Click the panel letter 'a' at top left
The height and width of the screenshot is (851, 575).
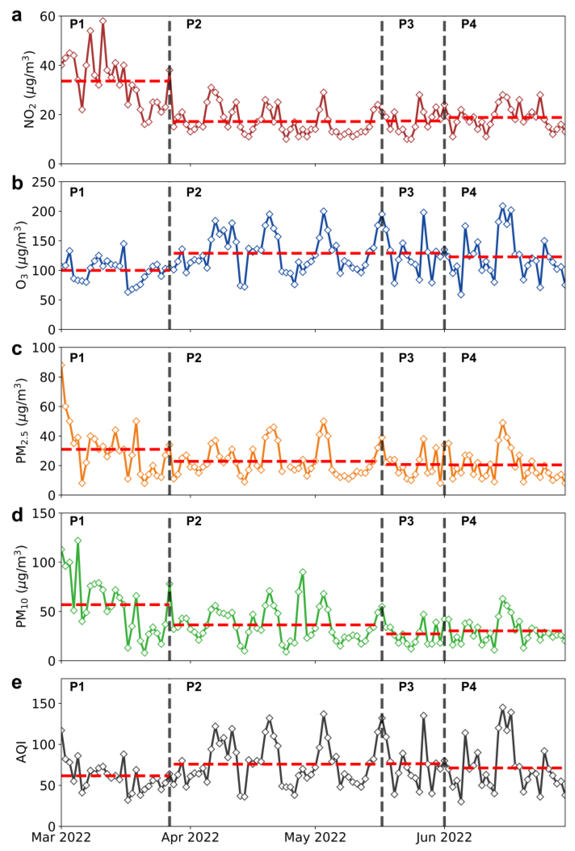click(16, 16)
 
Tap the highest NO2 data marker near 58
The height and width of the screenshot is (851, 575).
click(103, 21)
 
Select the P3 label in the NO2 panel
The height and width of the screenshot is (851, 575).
click(406, 24)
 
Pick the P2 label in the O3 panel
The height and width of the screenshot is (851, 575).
click(194, 192)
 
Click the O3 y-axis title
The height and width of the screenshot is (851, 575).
click(22, 255)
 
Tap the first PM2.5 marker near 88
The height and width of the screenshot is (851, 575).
click(62, 365)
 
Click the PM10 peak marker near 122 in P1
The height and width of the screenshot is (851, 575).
click(78, 540)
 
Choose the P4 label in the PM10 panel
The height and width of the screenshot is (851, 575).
click(469, 521)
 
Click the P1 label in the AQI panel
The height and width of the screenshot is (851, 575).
click(77, 687)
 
